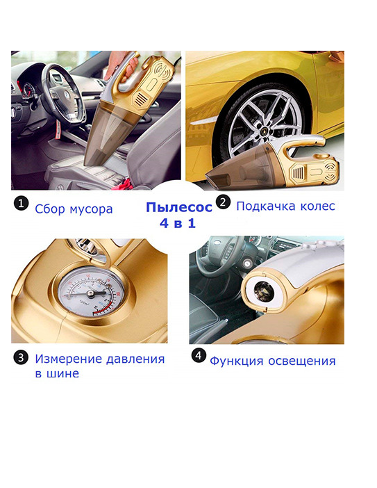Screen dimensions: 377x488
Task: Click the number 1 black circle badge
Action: click(x=21, y=203)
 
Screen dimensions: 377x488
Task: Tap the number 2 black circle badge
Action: click(x=223, y=202)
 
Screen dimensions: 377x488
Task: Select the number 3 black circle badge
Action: click(x=21, y=357)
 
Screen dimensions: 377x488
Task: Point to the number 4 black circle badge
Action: click(x=199, y=355)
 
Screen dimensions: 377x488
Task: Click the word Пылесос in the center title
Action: click(x=179, y=207)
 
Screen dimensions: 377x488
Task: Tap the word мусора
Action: click(x=91, y=209)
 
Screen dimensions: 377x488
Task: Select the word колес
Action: click(x=317, y=206)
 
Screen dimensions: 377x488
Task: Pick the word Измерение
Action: click(x=69, y=359)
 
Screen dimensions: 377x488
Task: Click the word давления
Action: click(x=135, y=359)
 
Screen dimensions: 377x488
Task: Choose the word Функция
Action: click(x=237, y=361)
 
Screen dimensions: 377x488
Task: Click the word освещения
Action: click(x=302, y=361)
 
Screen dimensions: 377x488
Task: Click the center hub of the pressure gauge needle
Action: click(x=90, y=293)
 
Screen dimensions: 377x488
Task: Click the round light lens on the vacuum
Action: click(x=264, y=291)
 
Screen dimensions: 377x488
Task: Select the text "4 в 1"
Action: click(x=178, y=223)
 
